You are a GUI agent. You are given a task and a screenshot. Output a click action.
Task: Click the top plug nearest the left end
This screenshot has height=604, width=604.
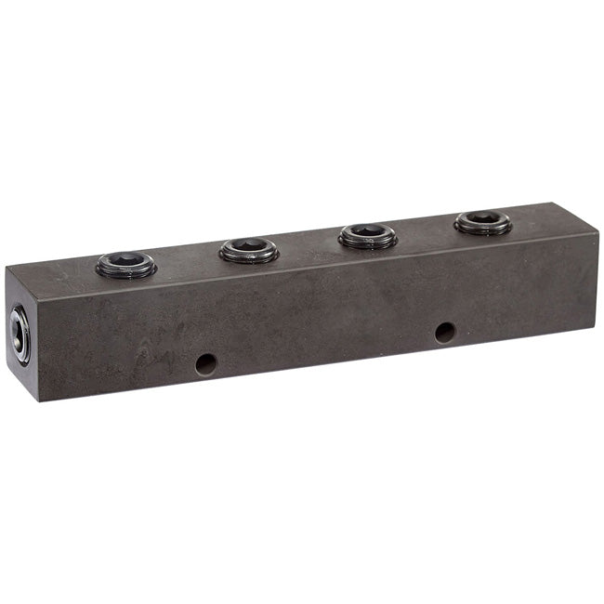click(x=125, y=266)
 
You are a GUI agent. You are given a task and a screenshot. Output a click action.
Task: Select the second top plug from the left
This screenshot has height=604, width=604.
click(x=248, y=249)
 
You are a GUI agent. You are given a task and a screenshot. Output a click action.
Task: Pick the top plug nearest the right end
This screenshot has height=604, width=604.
click(x=482, y=222)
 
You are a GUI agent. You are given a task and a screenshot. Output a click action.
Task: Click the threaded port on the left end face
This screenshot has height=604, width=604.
click(x=20, y=335)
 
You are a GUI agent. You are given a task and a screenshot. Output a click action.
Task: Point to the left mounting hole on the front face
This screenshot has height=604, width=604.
click(x=206, y=363)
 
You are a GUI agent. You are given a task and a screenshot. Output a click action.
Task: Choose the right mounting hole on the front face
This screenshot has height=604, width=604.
click(x=445, y=332)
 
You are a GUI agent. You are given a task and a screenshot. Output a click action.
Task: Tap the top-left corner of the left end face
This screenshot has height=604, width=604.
click(x=6, y=269)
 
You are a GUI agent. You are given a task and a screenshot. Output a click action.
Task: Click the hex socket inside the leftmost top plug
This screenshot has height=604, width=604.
click(x=125, y=261)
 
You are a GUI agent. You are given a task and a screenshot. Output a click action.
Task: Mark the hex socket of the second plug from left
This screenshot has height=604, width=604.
click(x=248, y=245)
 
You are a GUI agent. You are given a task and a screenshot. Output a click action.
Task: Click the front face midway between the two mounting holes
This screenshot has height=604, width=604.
click(x=325, y=348)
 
